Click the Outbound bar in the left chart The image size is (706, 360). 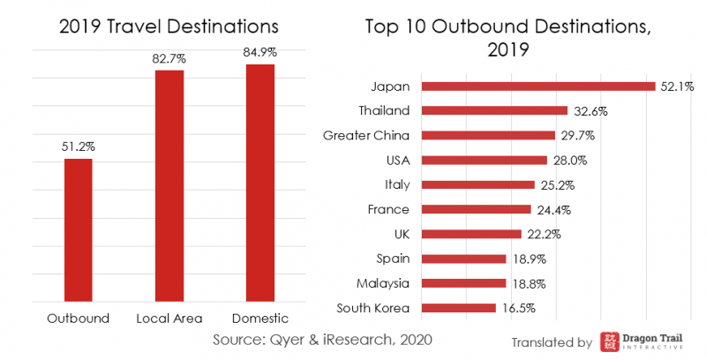click(x=79, y=230)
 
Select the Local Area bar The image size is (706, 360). click(x=169, y=186)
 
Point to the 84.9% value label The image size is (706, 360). click(x=260, y=52)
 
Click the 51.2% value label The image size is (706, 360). click(x=79, y=146)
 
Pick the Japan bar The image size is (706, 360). click(x=538, y=86)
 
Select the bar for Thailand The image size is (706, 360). click(x=494, y=111)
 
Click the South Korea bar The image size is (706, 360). click(x=459, y=308)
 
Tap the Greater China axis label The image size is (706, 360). click(x=366, y=136)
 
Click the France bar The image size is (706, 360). click(x=477, y=209)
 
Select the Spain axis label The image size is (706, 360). click(x=393, y=259)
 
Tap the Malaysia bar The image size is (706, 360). click(x=464, y=283)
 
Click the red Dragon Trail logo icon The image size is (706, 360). click(x=609, y=342)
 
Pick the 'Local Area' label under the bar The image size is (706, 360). click(x=169, y=318)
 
